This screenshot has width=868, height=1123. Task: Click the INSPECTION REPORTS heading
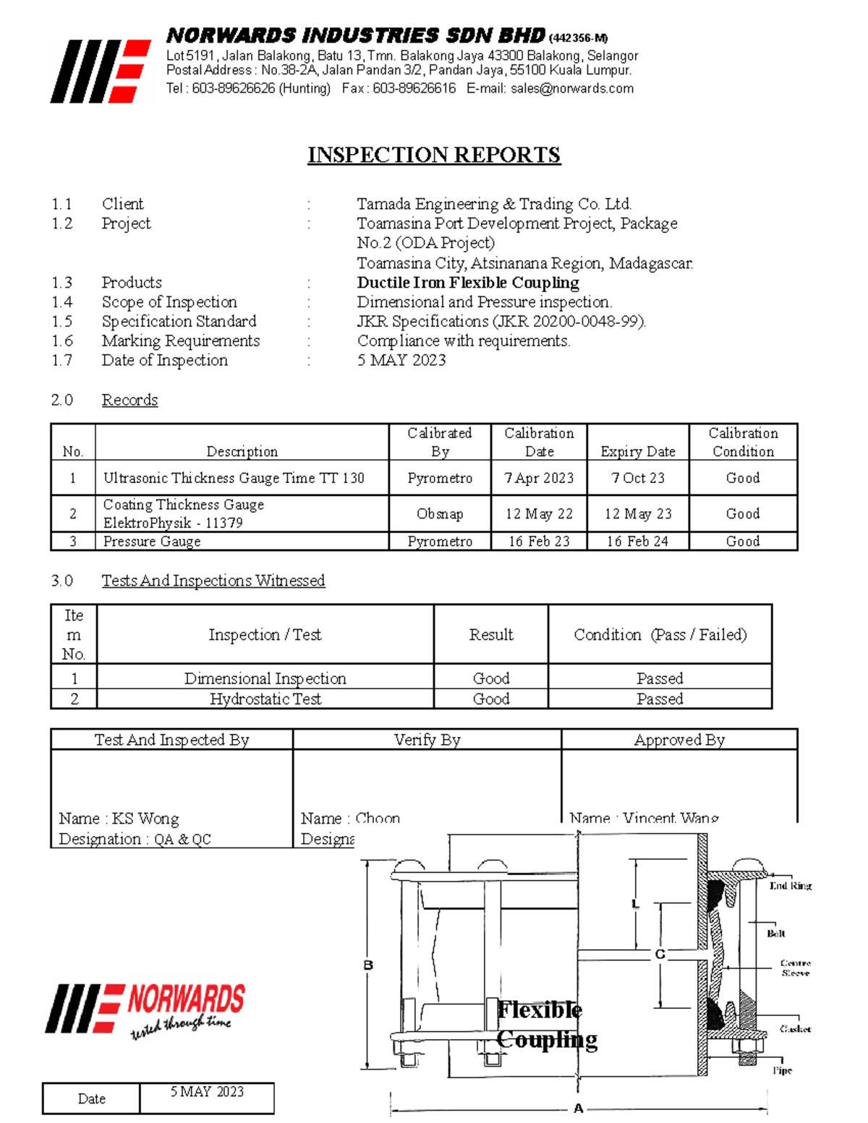point(434,155)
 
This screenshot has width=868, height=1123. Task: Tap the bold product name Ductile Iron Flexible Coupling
point(468,283)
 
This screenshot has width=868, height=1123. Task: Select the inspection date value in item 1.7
point(401,360)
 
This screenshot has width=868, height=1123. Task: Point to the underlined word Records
point(129,400)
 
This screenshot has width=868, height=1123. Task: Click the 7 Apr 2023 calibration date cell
point(539,478)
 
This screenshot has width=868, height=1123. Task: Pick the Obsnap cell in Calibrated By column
point(440,514)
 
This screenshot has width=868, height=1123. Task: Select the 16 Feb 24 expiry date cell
point(637,542)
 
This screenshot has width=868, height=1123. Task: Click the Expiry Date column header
point(637,452)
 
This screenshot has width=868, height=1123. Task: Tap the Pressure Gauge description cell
point(152,542)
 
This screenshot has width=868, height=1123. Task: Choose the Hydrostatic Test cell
point(265,699)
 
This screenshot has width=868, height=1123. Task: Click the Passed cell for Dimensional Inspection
point(660,679)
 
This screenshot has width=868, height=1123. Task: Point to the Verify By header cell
point(427,740)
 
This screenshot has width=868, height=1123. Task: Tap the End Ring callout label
point(791,886)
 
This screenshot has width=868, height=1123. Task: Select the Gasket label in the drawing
point(795,1029)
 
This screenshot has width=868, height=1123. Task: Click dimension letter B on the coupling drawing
point(368,965)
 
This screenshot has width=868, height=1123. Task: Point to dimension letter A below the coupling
point(578,1109)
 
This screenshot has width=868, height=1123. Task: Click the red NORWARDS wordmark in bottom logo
point(186,1000)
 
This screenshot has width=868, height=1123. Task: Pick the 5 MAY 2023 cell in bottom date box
point(207,1092)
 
